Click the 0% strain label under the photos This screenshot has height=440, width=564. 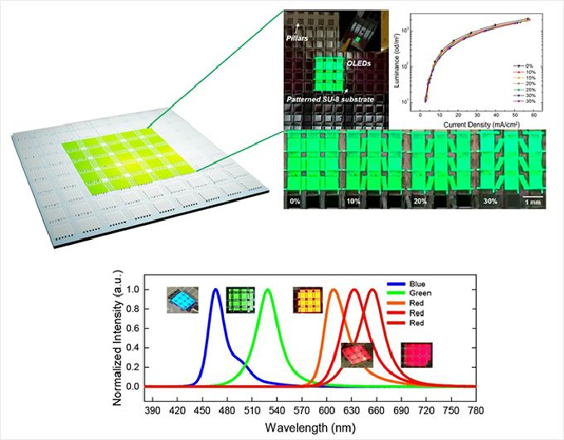(x=294, y=200)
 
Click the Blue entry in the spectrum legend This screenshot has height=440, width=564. (x=443, y=283)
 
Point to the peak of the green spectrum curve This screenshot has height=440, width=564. (x=268, y=290)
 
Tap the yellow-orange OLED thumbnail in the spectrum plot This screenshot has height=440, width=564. (x=305, y=298)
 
